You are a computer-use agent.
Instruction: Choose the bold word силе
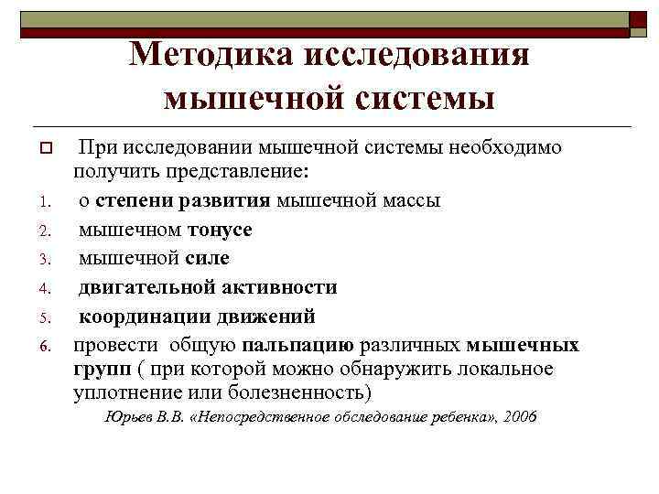(207, 258)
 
